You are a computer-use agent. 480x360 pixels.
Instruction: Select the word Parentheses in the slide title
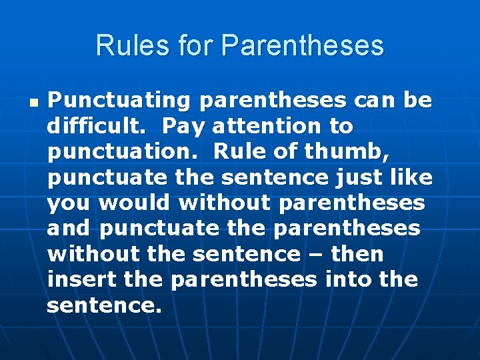pos(303,46)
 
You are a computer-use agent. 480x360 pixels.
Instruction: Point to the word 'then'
pos(357,254)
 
